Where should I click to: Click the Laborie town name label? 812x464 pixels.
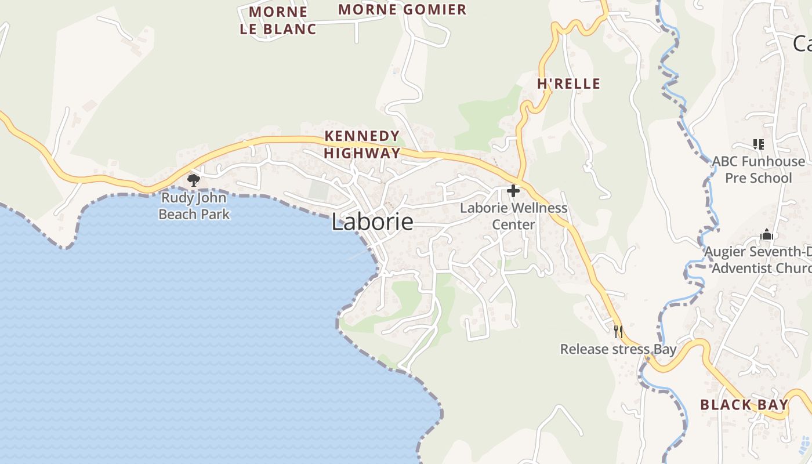(x=372, y=222)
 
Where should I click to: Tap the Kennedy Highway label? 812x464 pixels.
(x=362, y=144)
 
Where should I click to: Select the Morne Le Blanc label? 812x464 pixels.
(x=278, y=20)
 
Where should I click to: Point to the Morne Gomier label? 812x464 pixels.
(x=402, y=9)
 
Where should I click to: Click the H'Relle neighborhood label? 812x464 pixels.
(x=568, y=84)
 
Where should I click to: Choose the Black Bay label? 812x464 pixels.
(x=744, y=405)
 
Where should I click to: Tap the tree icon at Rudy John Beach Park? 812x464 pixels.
(x=194, y=180)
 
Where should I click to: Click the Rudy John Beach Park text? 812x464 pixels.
(x=194, y=206)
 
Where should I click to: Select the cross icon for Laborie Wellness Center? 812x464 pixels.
(x=513, y=190)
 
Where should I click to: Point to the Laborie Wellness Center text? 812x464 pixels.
(x=513, y=216)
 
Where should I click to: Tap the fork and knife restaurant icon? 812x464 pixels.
(x=618, y=332)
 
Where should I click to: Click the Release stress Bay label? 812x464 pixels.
(x=618, y=349)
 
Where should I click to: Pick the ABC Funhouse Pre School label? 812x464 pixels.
(x=759, y=169)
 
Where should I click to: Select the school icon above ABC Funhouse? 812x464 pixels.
(x=758, y=144)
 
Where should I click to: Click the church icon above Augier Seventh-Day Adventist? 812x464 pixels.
(x=767, y=235)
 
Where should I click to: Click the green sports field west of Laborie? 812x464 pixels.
(x=318, y=190)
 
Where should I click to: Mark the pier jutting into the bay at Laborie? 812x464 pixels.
(x=360, y=253)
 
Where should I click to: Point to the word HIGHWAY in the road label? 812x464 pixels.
(x=362, y=153)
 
